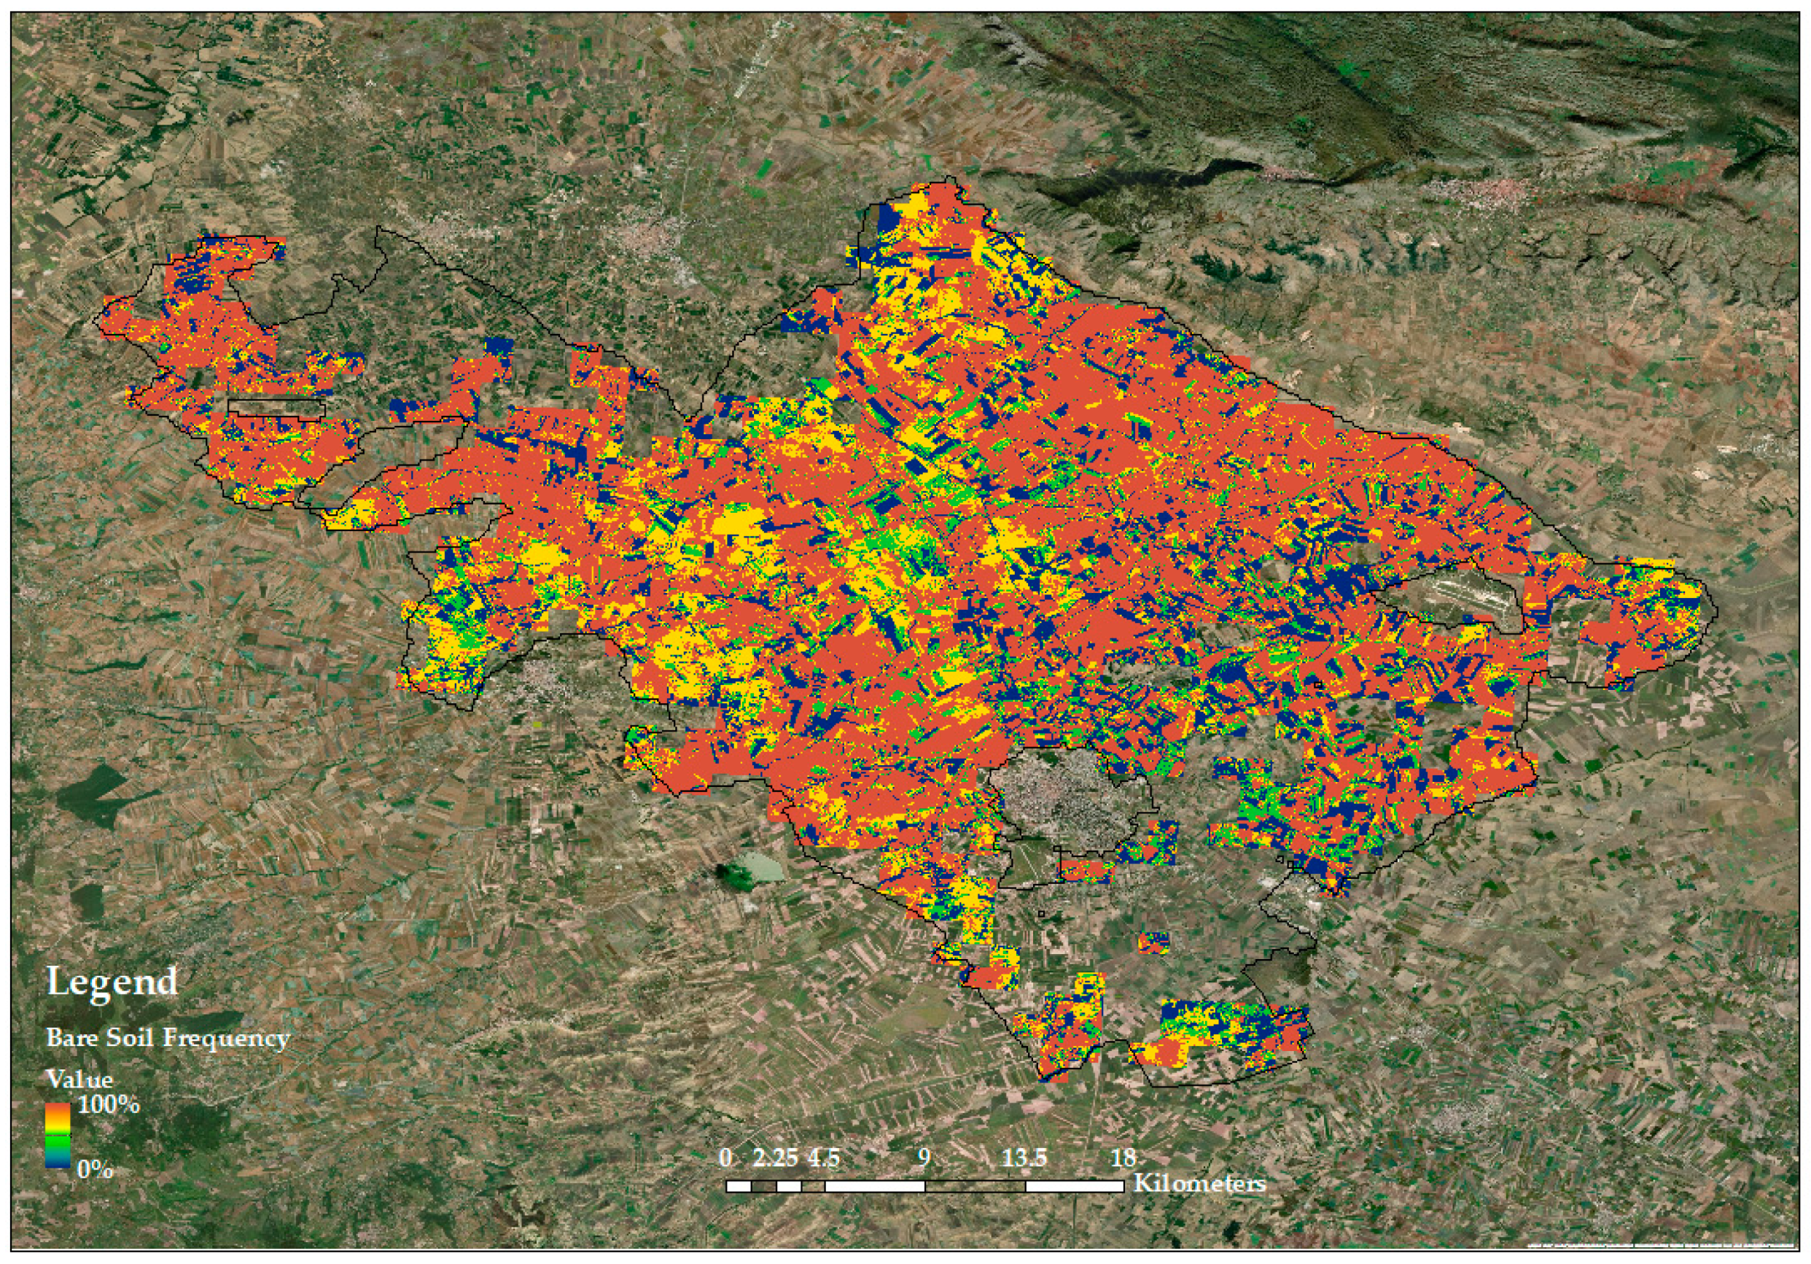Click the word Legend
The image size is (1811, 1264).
pyautogui.click(x=112, y=982)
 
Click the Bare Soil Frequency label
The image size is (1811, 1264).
pyautogui.click(x=168, y=1038)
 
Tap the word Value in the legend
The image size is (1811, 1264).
pyautogui.click(x=79, y=1079)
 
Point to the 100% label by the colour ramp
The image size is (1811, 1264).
pyautogui.click(x=108, y=1104)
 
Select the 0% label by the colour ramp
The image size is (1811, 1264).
pyautogui.click(x=95, y=1169)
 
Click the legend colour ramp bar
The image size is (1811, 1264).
pyautogui.click(x=58, y=1136)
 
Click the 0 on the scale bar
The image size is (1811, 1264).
pyautogui.click(x=725, y=1158)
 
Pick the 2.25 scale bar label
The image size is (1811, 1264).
pyautogui.click(x=775, y=1158)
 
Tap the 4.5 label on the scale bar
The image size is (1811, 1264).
pyautogui.click(x=822, y=1158)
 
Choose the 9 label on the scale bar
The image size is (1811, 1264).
pyautogui.click(x=924, y=1158)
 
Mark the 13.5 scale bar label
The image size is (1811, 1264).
pyautogui.click(x=1024, y=1158)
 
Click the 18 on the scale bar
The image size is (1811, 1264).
pyautogui.click(x=1123, y=1158)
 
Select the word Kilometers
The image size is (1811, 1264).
pyautogui.click(x=1199, y=1184)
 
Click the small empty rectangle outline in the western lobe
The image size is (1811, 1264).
pyautogui.click(x=276, y=407)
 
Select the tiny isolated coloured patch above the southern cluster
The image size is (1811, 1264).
pyautogui.click(x=1153, y=942)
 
